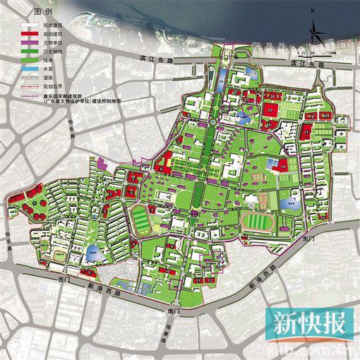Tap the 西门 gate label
click(65, 280)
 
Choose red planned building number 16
click(282, 166)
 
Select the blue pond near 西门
click(92, 251)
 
